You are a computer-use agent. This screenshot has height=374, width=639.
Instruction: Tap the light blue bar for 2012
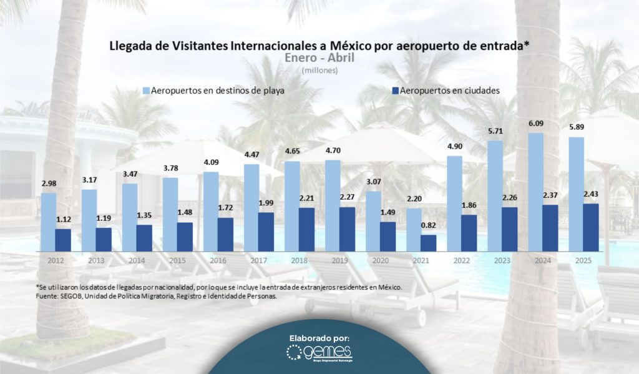[x=49, y=221]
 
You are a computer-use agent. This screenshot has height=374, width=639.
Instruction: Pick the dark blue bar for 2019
[x=348, y=229]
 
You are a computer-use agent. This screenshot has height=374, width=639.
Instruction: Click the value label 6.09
[x=535, y=125]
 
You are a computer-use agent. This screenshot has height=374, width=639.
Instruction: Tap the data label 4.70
[x=333, y=152]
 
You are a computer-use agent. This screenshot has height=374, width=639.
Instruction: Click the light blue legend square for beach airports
[x=146, y=90]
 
